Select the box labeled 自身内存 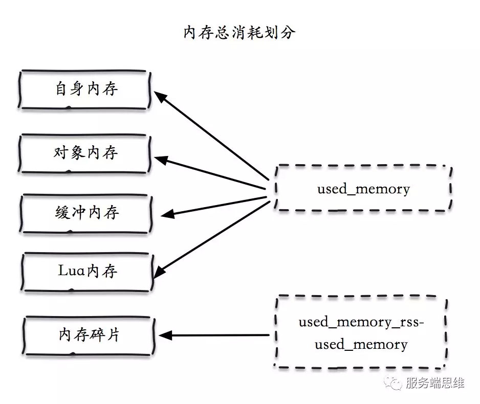pos(85,89)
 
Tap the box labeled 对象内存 pos(85,153)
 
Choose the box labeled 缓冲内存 pos(85,212)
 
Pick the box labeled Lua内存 pos(87,271)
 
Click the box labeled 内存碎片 pos(88,335)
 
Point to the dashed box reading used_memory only pos(363,189)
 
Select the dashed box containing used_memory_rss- pos(361,333)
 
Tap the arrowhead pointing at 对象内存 pos(161,160)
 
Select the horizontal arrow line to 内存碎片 pos(220,335)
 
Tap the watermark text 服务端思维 pos(434,383)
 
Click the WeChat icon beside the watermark pos(394,383)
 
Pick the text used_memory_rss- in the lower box pos(361,323)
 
